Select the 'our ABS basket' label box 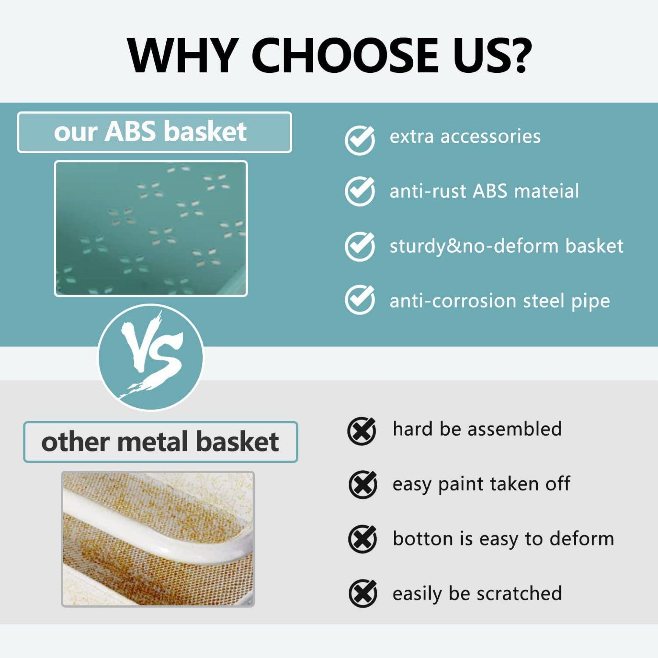[x=154, y=132]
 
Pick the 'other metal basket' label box [x=160, y=442]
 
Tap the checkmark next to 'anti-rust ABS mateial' [x=360, y=191]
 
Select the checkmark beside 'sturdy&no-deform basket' [x=360, y=246]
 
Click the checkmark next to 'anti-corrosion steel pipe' [x=360, y=299]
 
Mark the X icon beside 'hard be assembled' [x=362, y=431]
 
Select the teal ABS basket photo [x=151, y=228]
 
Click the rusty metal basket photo [x=158, y=539]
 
